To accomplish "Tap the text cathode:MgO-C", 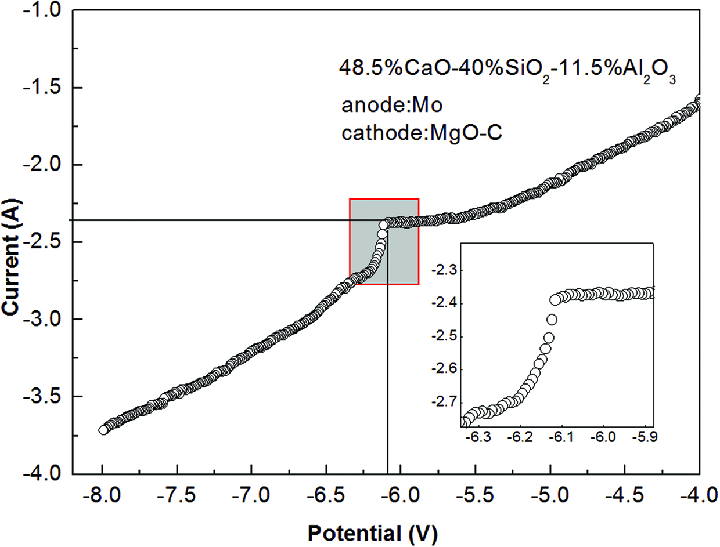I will click(x=422, y=133).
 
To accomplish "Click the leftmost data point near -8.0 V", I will click(x=103, y=430).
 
